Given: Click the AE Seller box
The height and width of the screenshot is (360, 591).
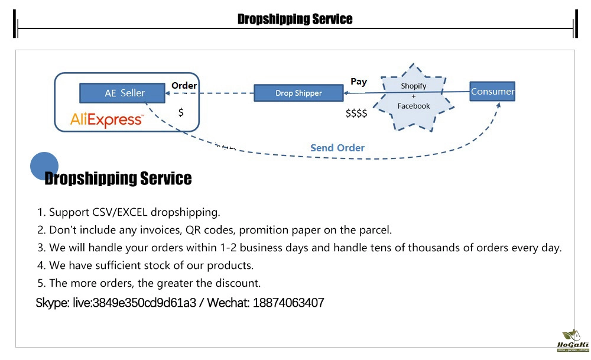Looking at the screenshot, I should (124, 93).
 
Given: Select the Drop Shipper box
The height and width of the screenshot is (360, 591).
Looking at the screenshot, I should (298, 93).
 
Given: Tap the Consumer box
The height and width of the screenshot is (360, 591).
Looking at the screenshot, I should (492, 91).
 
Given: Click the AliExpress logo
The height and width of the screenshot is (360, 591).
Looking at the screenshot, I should (106, 119).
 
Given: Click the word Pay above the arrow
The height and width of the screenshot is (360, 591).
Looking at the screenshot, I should (359, 82).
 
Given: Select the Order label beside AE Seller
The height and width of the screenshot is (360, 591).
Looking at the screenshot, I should (184, 86).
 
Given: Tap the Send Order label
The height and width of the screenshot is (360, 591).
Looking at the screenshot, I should (337, 148).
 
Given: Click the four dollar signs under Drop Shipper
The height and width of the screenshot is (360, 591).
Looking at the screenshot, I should (356, 113).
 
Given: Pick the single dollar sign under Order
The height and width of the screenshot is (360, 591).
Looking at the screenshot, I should (181, 112).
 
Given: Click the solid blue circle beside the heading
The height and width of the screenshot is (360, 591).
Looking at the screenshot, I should (44, 166).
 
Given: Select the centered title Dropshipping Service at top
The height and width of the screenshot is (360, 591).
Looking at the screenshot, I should (295, 19).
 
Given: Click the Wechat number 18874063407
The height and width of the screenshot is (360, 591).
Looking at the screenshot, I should (288, 303).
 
